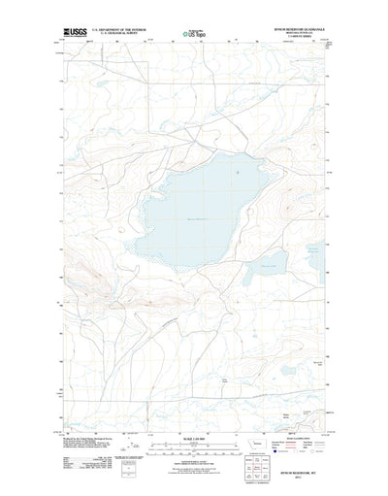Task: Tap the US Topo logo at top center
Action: pyautogui.click(x=193, y=34)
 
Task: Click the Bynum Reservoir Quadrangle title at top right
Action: pyautogui.click(x=300, y=29)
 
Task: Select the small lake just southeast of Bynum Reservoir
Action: pyautogui.click(x=266, y=263)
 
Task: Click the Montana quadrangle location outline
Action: pyautogui.click(x=255, y=444)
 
